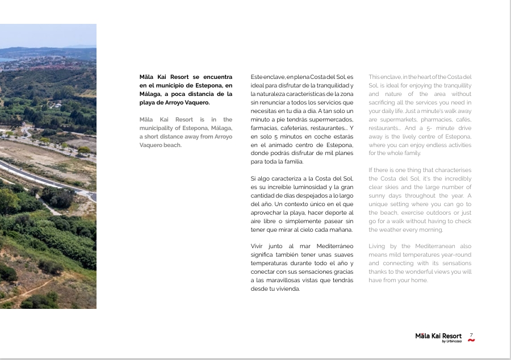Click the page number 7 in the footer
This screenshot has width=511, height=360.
click(471, 335)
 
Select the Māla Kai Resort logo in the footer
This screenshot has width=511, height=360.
click(438, 337)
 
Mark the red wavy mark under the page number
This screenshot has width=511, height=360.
click(471, 341)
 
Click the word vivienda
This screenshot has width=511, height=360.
click(288, 289)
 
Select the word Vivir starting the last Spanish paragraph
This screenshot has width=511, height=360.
click(257, 246)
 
